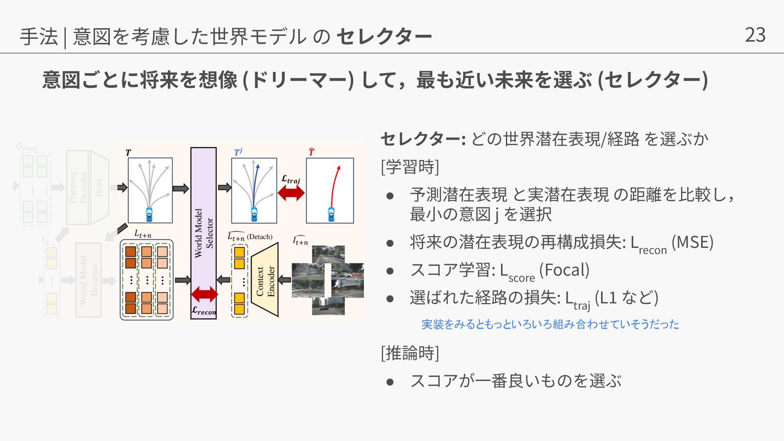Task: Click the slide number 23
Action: [755, 35]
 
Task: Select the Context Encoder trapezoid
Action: [265, 281]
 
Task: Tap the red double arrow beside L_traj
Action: [291, 193]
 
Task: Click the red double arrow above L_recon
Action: [205, 294]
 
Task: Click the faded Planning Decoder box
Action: [78, 187]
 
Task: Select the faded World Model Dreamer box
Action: [88, 280]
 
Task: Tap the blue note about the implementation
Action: [550, 324]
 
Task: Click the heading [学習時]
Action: [410, 167]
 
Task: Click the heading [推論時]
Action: [410, 353]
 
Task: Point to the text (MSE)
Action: [693, 242]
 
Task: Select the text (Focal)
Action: [564, 270]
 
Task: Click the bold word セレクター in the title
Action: [384, 36]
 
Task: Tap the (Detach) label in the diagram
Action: [260, 236]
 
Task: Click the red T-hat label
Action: [312, 152]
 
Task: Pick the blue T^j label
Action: [238, 152]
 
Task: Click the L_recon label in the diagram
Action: [204, 311]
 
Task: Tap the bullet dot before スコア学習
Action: [390, 271]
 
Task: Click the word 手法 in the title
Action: [39, 36]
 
